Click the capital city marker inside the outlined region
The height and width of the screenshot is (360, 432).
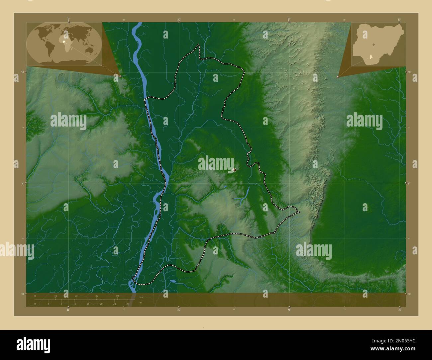tap(234, 170)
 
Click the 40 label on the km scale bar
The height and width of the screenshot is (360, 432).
tap(117, 296)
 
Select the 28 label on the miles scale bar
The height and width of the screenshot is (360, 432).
tap(128, 304)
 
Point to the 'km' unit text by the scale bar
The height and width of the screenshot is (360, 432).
tap(141, 297)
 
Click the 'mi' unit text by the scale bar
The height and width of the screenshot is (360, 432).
tap(141, 303)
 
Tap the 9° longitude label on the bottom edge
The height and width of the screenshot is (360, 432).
tap(289, 310)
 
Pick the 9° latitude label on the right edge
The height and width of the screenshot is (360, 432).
tap(409, 183)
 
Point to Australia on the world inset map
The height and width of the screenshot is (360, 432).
tap(89, 50)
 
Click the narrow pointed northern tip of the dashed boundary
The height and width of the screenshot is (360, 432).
tap(199, 45)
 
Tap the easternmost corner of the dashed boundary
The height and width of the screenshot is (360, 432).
tap(299, 212)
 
